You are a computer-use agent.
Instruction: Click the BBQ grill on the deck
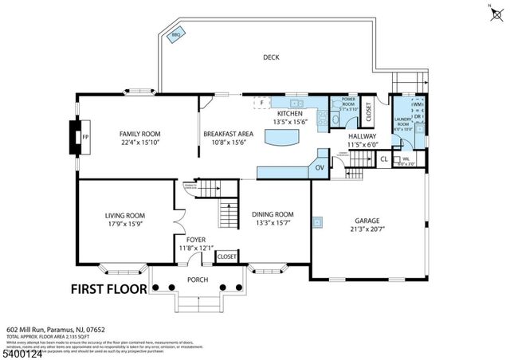coord(175,36)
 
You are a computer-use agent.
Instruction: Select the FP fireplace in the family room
coord(86,137)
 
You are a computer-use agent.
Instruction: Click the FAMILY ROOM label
coord(140,134)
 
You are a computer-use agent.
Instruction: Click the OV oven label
coord(319,167)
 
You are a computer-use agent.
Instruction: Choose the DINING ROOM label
coord(273,214)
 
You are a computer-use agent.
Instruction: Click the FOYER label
coord(196,239)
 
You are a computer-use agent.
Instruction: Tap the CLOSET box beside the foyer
coord(226,256)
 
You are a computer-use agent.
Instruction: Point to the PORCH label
coord(197,280)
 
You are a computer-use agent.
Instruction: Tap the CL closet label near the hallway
coord(383,159)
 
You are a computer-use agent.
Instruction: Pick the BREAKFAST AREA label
coord(228,134)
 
